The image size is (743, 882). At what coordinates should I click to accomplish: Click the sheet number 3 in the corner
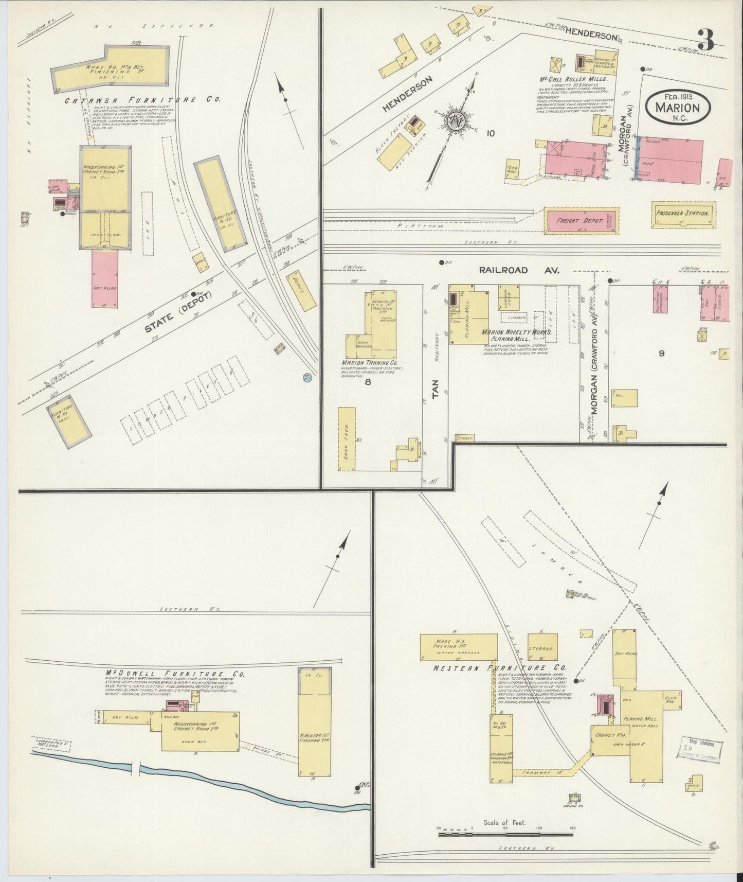pos(707,40)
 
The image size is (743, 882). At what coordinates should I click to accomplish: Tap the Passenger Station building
pos(683,214)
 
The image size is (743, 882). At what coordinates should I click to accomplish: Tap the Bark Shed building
pos(347,438)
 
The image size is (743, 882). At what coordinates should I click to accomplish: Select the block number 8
pos(368,382)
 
